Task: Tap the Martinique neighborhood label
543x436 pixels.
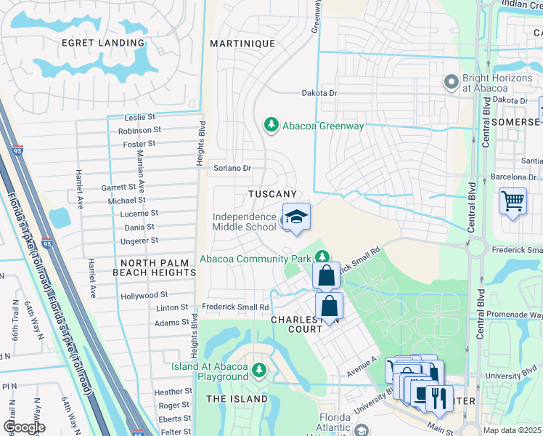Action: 242,44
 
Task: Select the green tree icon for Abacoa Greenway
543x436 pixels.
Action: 271,125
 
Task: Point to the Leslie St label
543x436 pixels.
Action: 140,117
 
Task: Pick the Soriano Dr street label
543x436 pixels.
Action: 232,168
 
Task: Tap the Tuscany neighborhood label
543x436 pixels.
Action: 272,194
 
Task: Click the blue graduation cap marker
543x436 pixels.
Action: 296,217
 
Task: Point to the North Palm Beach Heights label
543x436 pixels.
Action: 154,267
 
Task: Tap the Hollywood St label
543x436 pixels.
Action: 144,296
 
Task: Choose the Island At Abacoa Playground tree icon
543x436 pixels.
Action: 259,371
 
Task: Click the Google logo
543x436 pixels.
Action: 24,427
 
